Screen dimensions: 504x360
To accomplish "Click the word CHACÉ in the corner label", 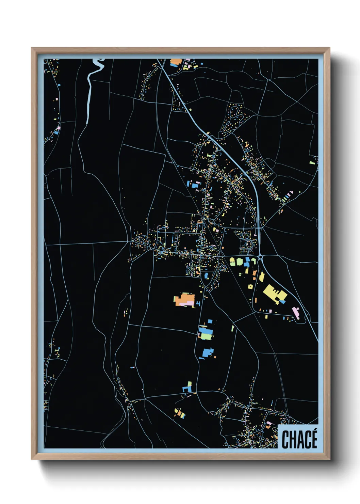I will click(x=299, y=439).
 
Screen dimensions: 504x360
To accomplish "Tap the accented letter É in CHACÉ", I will click(x=314, y=439).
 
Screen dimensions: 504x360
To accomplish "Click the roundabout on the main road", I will click(x=261, y=257).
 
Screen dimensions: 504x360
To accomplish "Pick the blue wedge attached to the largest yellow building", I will click(x=282, y=301).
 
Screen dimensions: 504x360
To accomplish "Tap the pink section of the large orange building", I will click(x=186, y=303).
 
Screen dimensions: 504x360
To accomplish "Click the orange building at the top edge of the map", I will click(x=175, y=62).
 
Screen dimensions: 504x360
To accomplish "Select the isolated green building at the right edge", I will click(x=312, y=163).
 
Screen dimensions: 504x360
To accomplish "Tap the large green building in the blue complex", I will click(x=206, y=336).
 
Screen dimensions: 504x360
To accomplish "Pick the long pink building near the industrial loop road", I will click(x=296, y=313).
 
